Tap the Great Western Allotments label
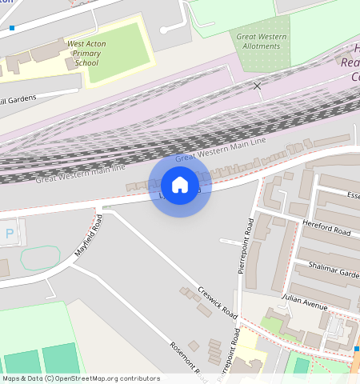coord(262,40)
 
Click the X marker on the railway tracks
coord(257,86)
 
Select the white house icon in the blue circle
coord(180,185)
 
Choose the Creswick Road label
coord(218,299)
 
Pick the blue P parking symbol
coord(10,234)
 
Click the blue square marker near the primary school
coord(12,28)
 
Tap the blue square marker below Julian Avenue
coord(356,349)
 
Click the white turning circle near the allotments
coord(164,30)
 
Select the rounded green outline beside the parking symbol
coord(40,258)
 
